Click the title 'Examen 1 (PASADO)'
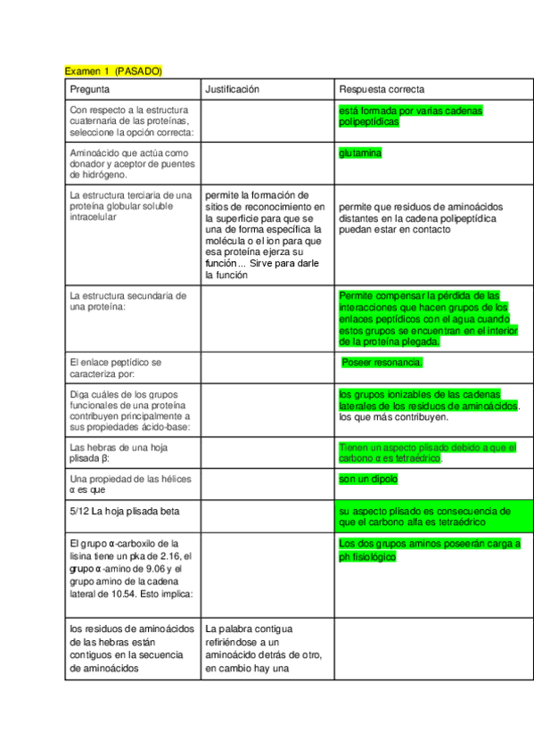[x=113, y=70]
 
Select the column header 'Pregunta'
[x=90, y=89]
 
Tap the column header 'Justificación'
[x=232, y=89]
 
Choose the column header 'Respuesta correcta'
[x=382, y=89]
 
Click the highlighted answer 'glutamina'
[x=360, y=153]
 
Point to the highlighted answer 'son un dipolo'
[x=368, y=479]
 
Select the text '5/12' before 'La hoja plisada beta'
[x=78, y=511]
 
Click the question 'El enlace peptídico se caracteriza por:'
[x=116, y=368]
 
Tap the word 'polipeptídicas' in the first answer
[x=369, y=122]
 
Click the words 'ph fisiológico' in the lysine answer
[x=367, y=557]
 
